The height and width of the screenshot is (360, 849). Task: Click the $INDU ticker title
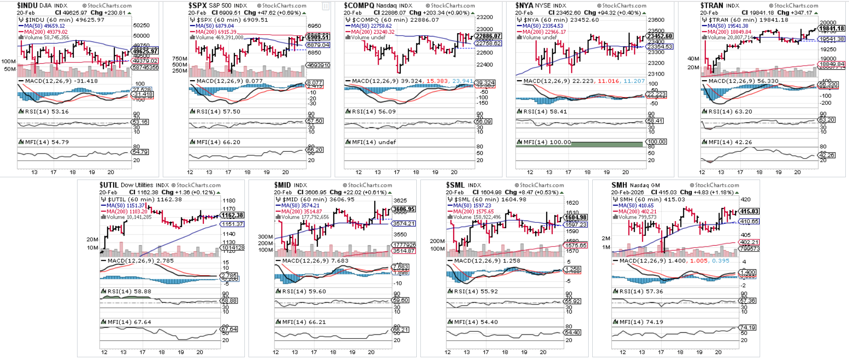(x=27, y=5)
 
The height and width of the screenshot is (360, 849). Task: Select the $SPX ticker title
(x=198, y=5)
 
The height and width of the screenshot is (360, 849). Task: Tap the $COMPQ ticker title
(x=358, y=5)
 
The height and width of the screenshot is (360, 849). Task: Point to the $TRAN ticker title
(x=712, y=5)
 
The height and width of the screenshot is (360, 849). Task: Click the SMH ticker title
(x=619, y=185)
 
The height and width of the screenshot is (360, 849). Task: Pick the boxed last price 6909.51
(x=318, y=37)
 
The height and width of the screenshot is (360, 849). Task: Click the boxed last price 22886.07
(x=488, y=36)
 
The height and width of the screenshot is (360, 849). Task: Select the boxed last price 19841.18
(x=832, y=28)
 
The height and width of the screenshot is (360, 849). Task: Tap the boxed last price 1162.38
(x=232, y=215)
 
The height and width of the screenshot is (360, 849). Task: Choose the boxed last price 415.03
(x=749, y=211)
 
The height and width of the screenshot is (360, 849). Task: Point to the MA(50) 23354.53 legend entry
(x=543, y=26)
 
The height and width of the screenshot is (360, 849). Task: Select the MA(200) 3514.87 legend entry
(x=301, y=211)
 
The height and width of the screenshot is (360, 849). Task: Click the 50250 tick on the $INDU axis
(x=141, y=26)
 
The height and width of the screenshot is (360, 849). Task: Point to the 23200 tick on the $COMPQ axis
(x=485, y=17)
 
